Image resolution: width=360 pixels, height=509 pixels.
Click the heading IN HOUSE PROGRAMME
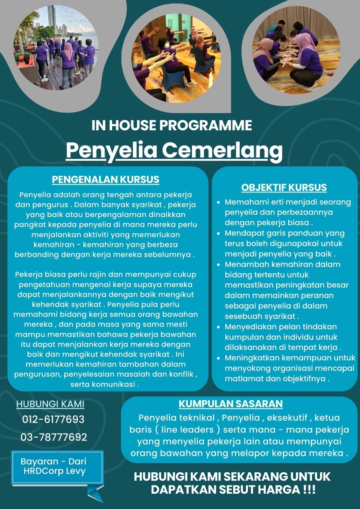(172, 125)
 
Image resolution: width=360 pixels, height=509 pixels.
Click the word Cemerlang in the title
(222, 150)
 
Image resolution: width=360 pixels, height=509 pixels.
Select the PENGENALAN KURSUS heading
(106, 179)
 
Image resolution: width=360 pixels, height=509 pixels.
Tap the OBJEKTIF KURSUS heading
(284, 187)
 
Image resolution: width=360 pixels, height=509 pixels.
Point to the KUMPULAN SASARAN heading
(230, 404)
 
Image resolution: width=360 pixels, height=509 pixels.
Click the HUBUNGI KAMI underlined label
(50, 404)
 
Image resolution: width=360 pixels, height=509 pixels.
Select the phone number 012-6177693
(53, 419)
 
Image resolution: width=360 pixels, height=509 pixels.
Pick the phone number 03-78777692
(54, 437)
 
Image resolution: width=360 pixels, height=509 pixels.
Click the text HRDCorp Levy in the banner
(54, 471)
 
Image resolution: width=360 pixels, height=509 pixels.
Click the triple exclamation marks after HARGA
(309, 490)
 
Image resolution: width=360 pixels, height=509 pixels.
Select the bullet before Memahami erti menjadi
(218, 202)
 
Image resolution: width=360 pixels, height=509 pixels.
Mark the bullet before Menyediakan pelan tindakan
(218, 327)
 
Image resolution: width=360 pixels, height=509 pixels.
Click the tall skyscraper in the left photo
(51, 19)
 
